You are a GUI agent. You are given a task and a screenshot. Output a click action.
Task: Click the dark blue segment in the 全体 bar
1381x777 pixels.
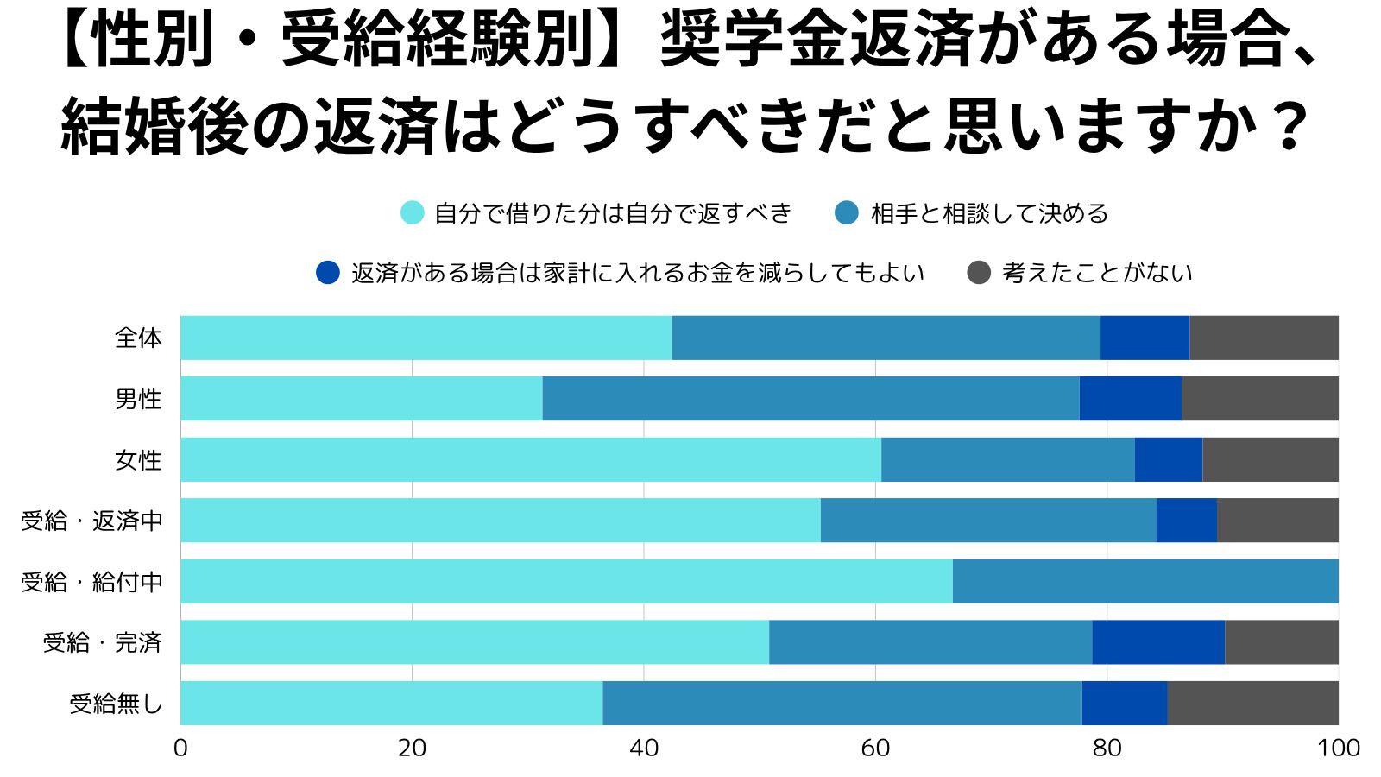1145,338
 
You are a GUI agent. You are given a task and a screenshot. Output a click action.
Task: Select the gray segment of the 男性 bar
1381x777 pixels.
1259,399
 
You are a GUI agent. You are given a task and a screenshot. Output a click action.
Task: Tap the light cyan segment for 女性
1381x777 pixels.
531,459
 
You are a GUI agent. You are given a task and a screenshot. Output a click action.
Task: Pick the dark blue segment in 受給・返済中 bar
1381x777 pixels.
1186,521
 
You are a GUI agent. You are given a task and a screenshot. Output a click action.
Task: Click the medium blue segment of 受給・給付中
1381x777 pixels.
1145,581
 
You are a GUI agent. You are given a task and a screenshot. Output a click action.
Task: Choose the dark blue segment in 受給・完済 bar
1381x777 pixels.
1158,642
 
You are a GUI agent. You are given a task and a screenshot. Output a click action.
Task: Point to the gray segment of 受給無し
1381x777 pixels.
1252,703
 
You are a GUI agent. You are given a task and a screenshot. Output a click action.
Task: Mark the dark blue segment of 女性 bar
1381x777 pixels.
1168,459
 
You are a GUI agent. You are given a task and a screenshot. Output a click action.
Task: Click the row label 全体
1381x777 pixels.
138,338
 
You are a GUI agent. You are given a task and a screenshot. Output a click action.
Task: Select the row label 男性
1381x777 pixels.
138,399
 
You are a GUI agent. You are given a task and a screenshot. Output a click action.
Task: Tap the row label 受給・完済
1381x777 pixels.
103,642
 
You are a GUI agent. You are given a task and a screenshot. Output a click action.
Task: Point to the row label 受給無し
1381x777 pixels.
116,704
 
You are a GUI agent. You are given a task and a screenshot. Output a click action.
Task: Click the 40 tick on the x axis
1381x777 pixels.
644,748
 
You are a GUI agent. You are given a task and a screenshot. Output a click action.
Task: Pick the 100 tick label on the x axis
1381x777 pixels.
1338,748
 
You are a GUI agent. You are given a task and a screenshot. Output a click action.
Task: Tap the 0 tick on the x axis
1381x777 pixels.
180,748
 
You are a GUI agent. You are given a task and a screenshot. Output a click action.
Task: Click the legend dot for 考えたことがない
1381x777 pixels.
979,273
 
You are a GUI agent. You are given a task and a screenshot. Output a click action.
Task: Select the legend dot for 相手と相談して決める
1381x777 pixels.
847,212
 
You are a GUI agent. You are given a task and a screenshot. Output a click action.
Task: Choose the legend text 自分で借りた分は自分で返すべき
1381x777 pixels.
613,213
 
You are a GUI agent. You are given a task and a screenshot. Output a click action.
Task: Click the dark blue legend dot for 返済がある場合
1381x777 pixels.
328,273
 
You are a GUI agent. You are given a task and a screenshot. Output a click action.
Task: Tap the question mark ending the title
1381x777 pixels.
1290,128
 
